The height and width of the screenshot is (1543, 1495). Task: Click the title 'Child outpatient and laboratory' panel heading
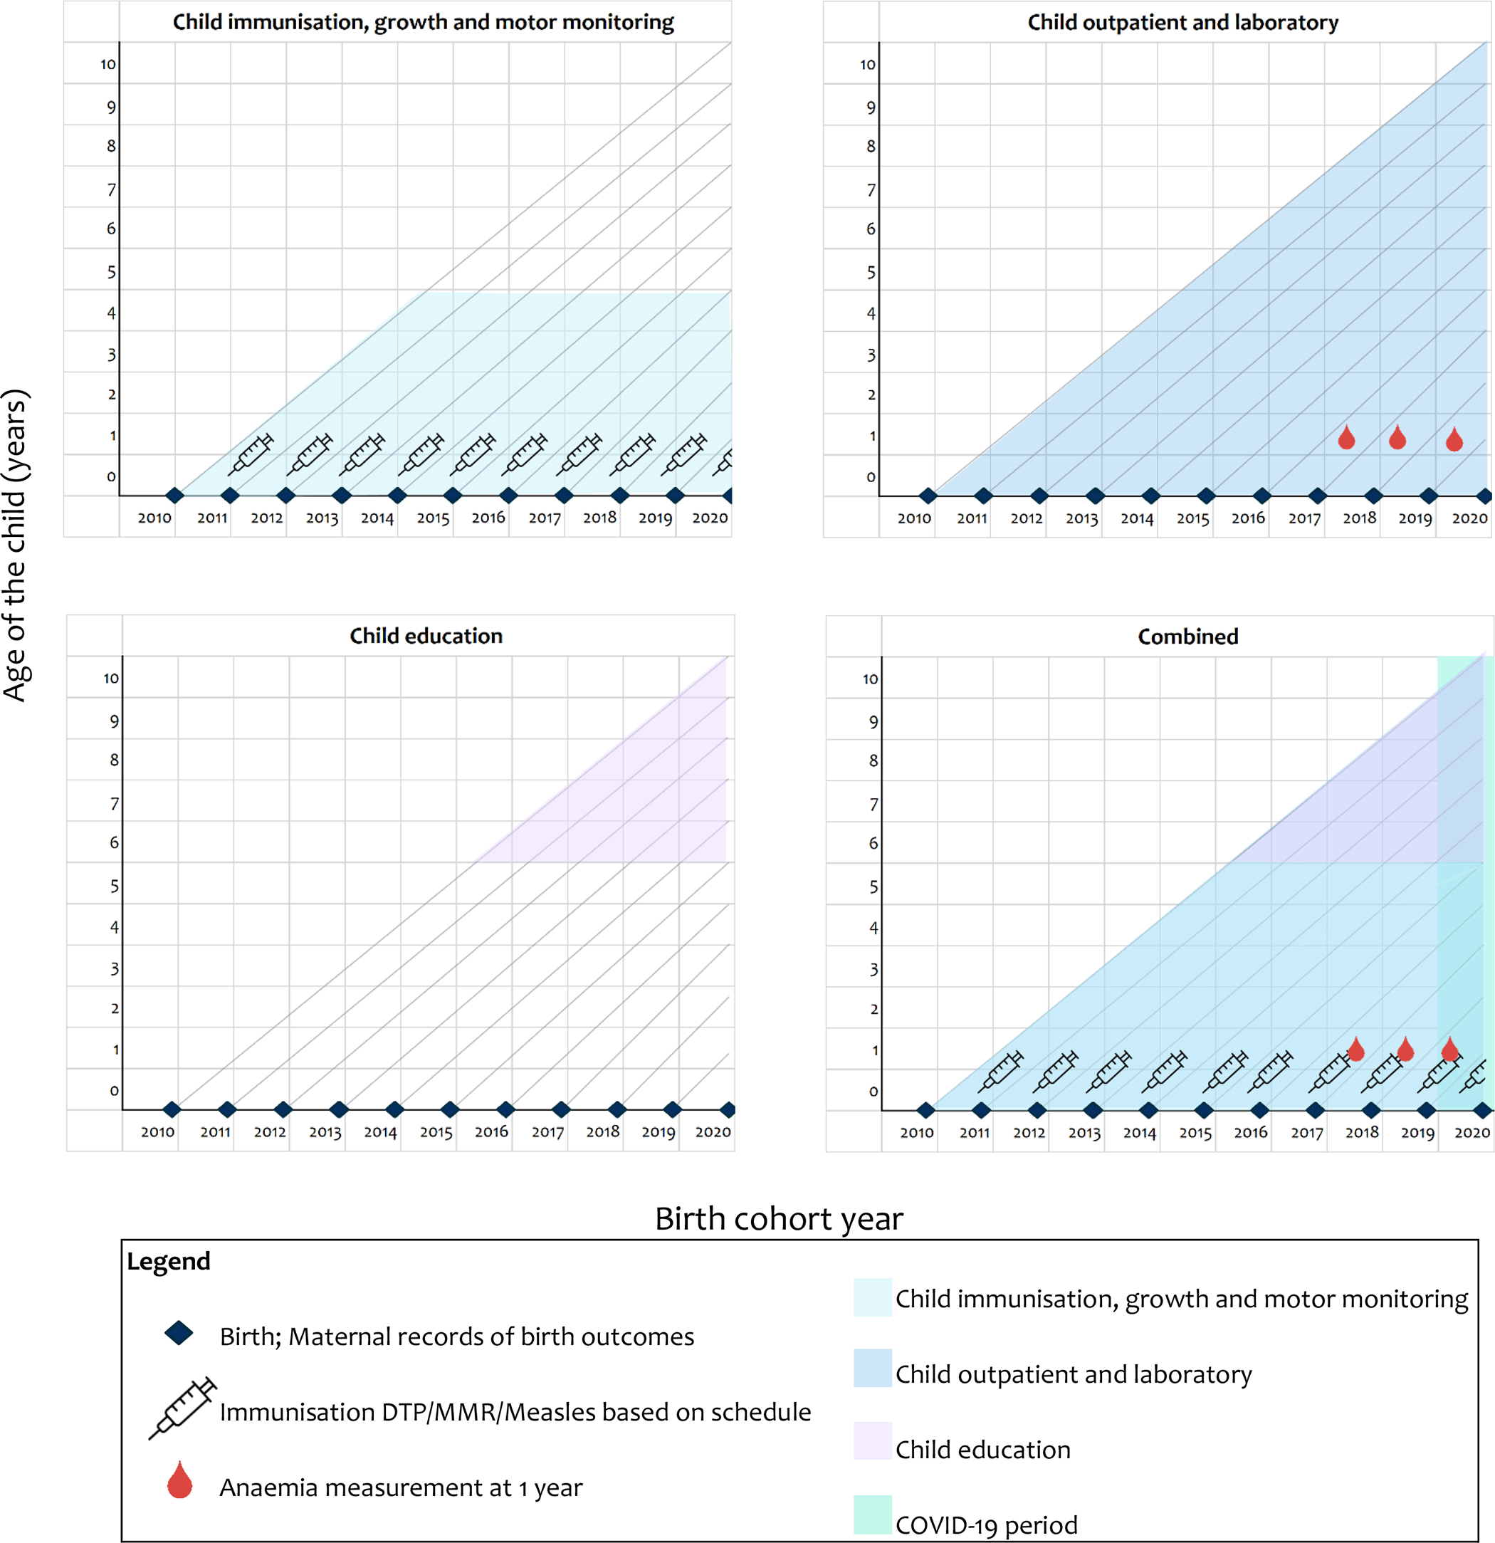click(1182, 22)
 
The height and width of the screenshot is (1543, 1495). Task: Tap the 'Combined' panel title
click(1188, 636)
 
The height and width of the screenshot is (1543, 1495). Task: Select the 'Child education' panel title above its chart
click(426, 635)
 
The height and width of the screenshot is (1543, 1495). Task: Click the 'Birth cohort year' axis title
click(779, 1218)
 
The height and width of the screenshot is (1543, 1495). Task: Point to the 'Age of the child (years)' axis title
click(16, 545)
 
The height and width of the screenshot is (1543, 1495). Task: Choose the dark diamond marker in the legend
click(179, 1333)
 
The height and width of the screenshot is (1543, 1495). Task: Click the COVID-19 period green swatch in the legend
click(872, 1515)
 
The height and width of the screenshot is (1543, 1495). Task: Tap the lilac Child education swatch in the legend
click(872, 1440)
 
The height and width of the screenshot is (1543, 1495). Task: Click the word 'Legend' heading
click(169, 1262)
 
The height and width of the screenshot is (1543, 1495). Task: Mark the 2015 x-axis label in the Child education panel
click(436, 1132)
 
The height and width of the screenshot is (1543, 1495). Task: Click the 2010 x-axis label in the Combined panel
click(917, 1133)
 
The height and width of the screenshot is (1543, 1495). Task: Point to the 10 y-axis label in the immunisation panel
click(108, 65)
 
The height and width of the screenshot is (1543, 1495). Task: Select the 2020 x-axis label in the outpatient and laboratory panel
click(1470, 518)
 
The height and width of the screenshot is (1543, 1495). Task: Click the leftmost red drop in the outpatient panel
click(1347, 437)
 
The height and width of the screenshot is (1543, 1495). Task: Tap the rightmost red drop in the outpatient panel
click(1454, 439)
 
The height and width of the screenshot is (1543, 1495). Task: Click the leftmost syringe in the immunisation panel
click(251, 454)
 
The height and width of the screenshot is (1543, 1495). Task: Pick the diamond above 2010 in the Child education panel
click(172, 1109)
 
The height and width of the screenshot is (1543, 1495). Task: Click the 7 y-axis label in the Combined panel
click(873, 805)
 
